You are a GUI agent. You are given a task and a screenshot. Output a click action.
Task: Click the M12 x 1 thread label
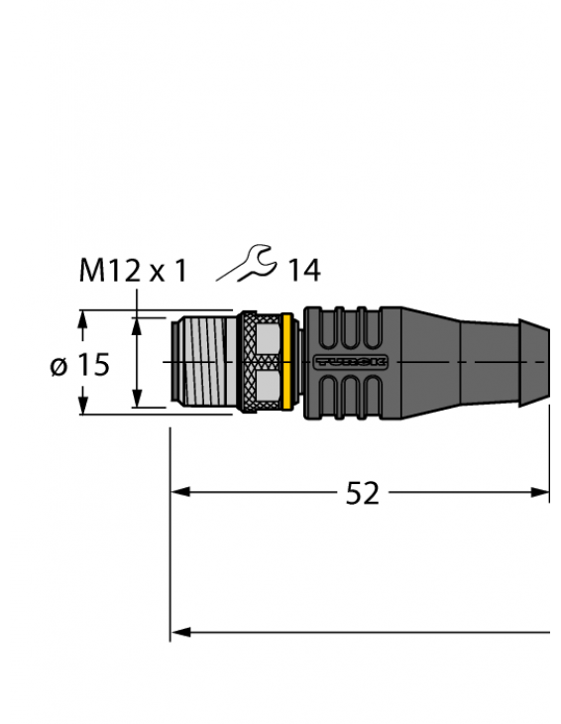pos(132,270)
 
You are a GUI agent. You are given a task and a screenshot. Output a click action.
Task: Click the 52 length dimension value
pos(362,493)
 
